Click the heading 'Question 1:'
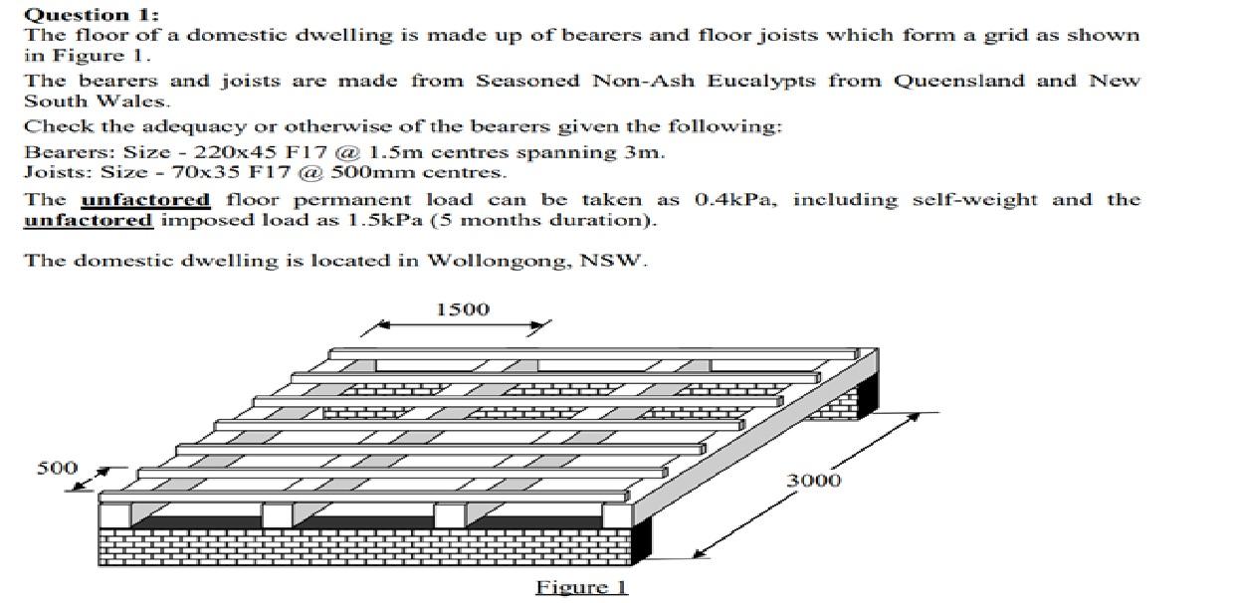[91, 14]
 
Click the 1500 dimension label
[463, 309]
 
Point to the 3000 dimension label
[814, 481]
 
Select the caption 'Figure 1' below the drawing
[582, 586]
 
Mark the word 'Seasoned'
[528, 81]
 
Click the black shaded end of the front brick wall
[643, 543]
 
